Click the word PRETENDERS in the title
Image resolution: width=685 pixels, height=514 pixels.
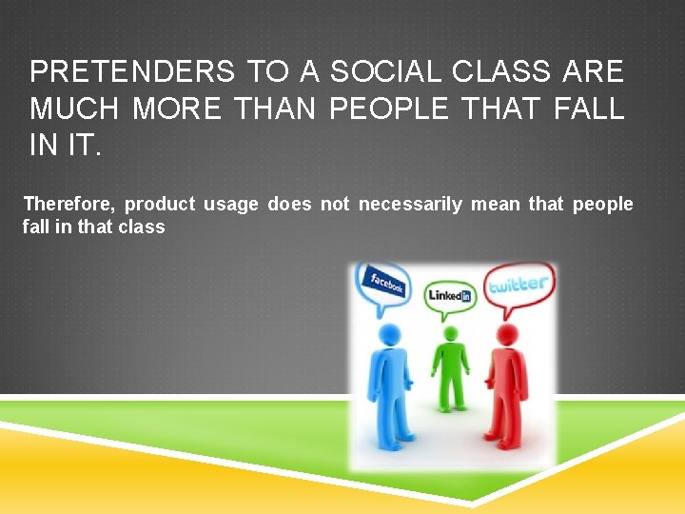pyautogui.click(x=131, y=71)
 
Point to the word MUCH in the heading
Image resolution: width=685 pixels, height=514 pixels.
pyautogui.click(x=75, y=109)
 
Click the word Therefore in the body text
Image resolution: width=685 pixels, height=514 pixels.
pyautogui.click(x=68, y=204)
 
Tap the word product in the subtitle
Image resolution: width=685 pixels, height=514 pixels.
pyautogui.click(x=160, y=204)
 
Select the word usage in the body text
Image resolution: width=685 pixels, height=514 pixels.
pyautogui.click(x=230, y=204)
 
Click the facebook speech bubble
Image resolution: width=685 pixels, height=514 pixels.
pyautogui.click(x=384, y=283)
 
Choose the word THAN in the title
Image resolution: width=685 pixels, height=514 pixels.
pyautogui.click(x=275, y=109)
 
